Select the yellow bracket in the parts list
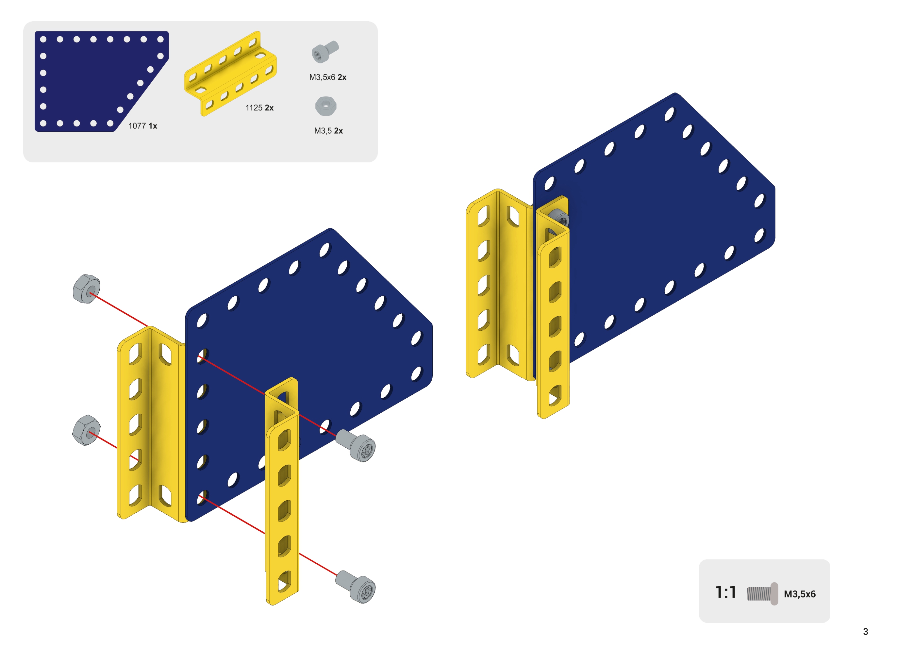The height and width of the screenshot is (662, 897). coord(230,74)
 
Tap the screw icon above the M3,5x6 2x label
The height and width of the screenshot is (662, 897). coord(325,52)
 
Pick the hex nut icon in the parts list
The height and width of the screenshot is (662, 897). coord(326,106)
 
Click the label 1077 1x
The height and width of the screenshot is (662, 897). coord(143,126)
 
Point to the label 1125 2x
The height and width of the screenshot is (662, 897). coord(259,108)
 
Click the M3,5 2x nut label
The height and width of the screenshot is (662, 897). coord(328,131)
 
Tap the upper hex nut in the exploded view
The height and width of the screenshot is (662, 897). coord(86,289)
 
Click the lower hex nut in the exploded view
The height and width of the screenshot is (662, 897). coord(86,430)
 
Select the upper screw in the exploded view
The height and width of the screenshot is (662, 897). coord(356,445)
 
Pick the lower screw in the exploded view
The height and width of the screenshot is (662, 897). coord(356,587)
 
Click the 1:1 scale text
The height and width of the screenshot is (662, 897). coord(726,592)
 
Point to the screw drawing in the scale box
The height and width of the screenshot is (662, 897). coord(762,593)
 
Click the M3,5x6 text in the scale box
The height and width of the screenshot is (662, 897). coord(800,594)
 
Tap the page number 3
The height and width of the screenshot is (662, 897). coord(866,632)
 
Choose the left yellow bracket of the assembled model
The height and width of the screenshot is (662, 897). coord(499,285)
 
